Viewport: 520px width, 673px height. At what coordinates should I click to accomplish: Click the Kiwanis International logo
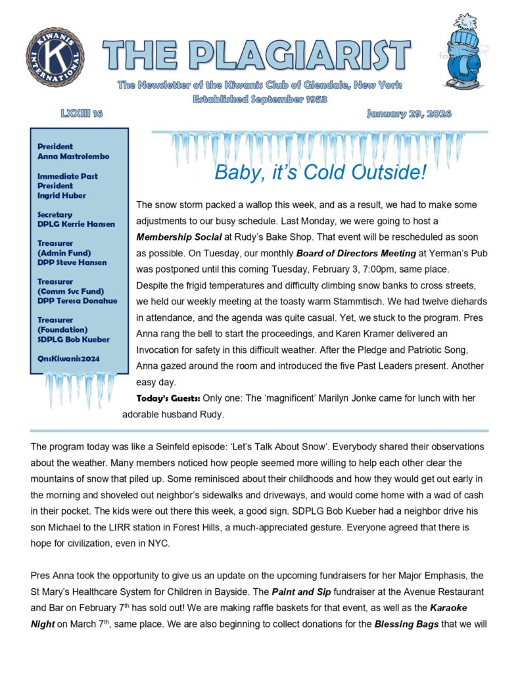(x=56, y=57)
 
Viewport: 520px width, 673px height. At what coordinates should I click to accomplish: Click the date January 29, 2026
(x=409, y=114)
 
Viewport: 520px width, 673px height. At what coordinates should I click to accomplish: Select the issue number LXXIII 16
(x=82, y=114)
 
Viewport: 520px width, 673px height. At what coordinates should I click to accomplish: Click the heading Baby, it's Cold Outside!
(x=321, y=173)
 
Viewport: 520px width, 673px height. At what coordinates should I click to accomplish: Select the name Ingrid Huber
(x=61, y=195)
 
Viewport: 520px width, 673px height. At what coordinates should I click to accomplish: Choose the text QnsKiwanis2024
(x=72, y=359)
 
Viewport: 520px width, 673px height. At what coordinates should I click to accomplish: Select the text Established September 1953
(x=260, y=99)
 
